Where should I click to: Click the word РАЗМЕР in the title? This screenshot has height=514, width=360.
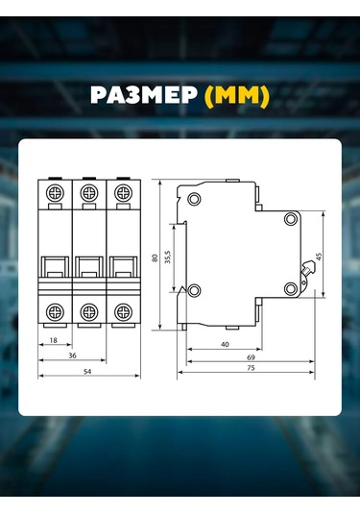142,97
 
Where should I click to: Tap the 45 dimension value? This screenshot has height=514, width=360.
319,257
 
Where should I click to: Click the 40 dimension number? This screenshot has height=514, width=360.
224,343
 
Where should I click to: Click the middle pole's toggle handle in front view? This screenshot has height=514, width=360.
88,266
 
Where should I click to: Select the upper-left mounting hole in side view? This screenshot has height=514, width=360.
195,199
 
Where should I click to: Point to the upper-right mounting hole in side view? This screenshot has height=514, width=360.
289,219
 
